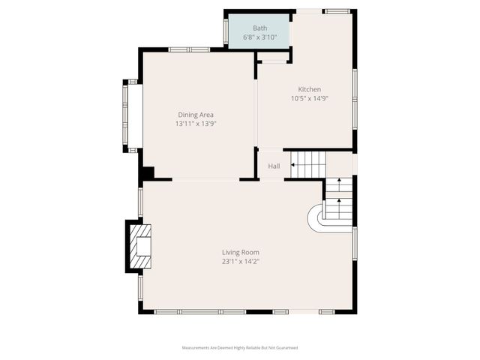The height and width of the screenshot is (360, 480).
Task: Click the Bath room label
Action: click(x=259, y=28)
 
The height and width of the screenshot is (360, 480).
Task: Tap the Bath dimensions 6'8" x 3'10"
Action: click(x=259, y=37)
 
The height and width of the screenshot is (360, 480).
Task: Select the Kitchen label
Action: click(x=309, y=89)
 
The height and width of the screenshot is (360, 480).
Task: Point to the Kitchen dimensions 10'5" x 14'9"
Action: click(x=309, y=98)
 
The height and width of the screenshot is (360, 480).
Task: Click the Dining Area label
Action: click(x=195, y=115)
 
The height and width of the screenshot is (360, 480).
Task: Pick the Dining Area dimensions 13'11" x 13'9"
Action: click(x=195, y=124)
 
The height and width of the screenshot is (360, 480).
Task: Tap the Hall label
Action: click(x=274, y=166)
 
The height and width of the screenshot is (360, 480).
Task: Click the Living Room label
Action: click(x=240, y=252)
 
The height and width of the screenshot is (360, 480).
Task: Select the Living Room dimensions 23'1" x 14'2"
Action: click(x=240, y=262)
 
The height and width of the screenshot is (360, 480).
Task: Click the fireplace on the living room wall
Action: click(x=139, y=245)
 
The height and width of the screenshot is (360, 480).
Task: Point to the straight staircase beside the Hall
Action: click(x=309, y=164)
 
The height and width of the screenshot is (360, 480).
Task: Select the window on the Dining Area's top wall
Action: click(x=188, y=49)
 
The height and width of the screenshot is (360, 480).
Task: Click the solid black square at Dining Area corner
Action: click(x=148, y=172)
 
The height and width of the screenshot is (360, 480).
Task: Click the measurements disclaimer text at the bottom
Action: click(x=240, y=348)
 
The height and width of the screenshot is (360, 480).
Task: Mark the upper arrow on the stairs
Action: click(x=339, y=182)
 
